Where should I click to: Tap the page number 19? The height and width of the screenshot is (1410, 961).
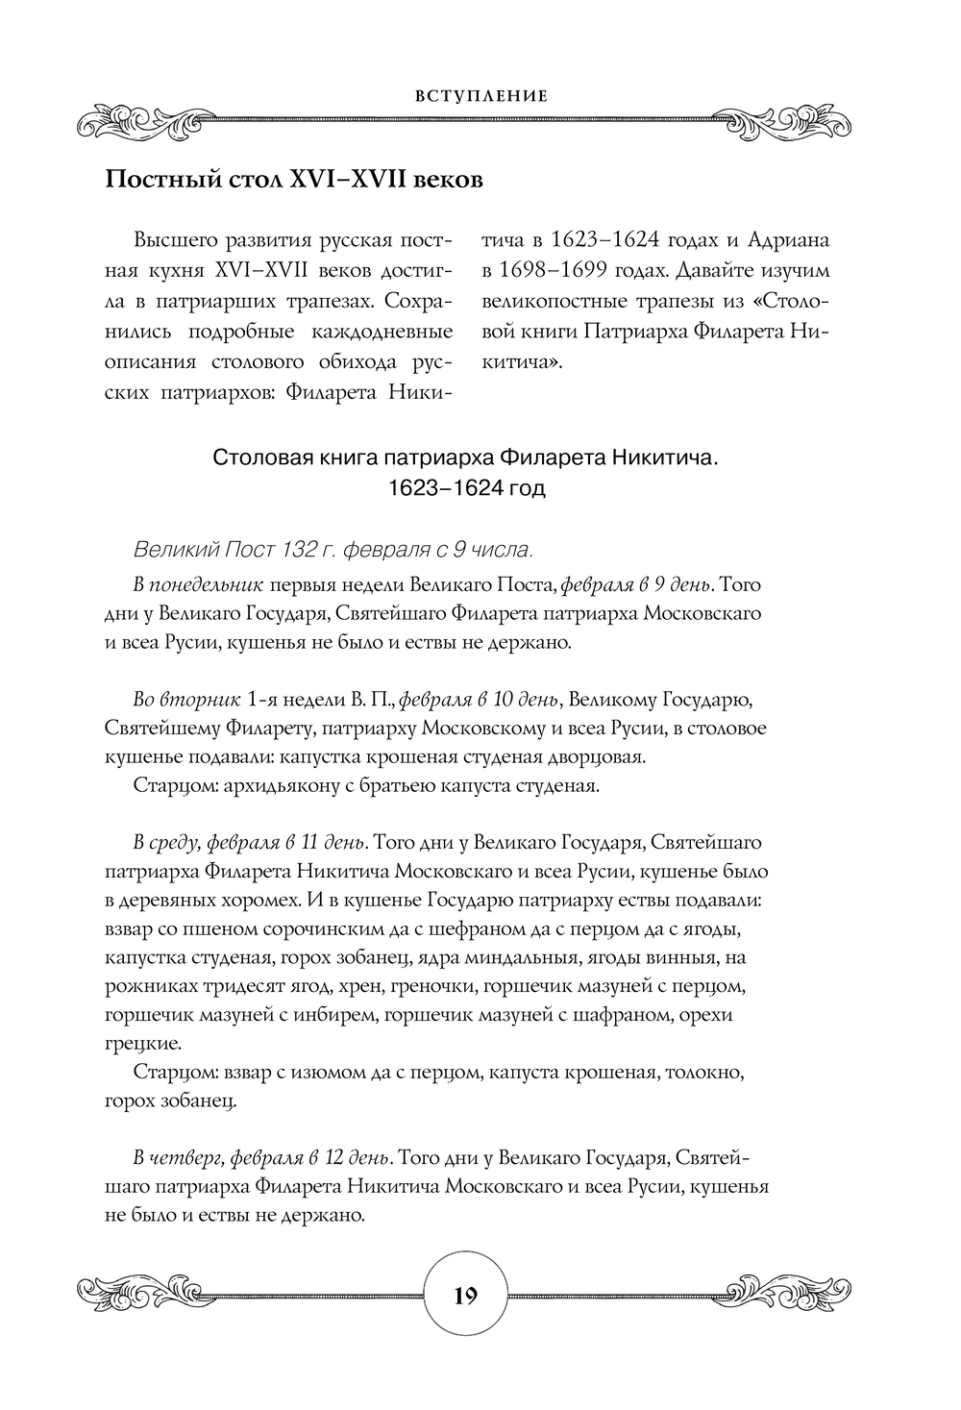click(x=465, y=1296)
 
